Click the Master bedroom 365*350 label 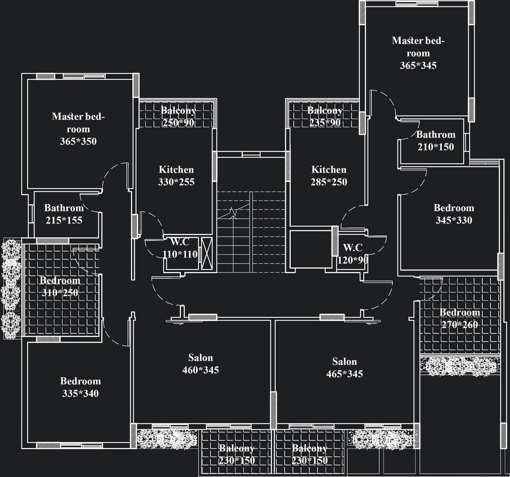pos(78,129)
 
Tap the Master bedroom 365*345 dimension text pos(418,66)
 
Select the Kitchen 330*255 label pos(176,175)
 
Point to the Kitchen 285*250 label pos(329,175)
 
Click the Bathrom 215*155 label pos(64,214)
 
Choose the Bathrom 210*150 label pos(435,140)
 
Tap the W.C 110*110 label pos(180,248)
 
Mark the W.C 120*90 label pos(353,254)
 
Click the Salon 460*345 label pos(200,364)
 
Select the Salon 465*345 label pos(344,367)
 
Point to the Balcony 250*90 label pos(178,116)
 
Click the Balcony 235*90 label pos(325,116)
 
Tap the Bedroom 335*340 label pos(80,387)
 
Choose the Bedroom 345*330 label pos(454,214)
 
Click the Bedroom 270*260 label pos(460,318)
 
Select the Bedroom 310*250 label pos(60,286)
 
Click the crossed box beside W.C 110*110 pos(207,253)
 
